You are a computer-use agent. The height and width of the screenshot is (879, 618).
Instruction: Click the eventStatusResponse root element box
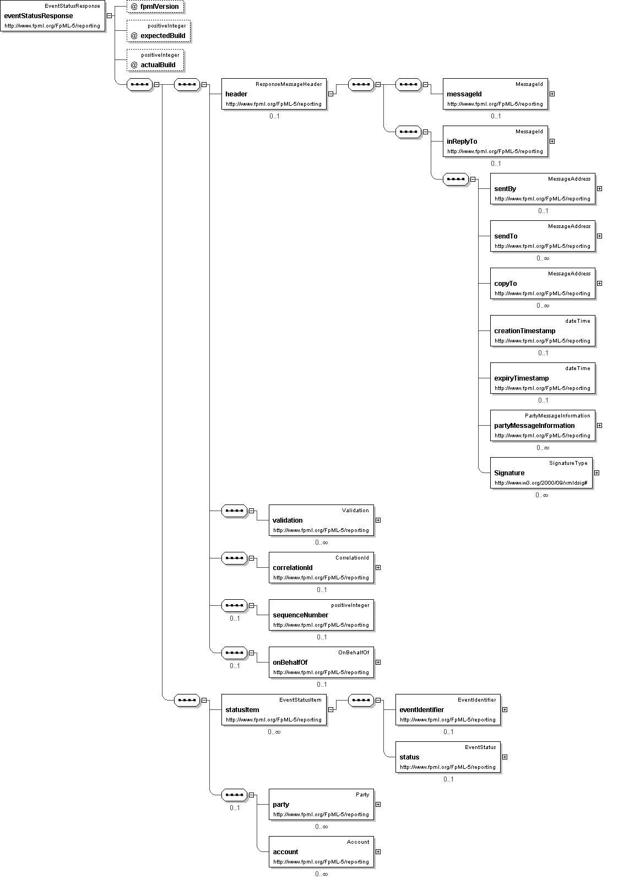(52, 15)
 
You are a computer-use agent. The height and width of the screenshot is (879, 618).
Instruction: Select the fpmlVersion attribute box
(155, 6)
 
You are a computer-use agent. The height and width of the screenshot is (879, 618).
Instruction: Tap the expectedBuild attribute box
(159, 31)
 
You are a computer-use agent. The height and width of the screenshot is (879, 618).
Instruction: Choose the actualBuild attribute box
(155, 61)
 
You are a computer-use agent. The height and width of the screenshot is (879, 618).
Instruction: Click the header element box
(274, 94)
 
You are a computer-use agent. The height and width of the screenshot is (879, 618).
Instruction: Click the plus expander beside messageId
(552, 94)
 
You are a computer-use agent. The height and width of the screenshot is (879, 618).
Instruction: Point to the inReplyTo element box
(495, 141)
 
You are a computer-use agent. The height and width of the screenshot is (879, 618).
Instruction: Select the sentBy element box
(543, 189)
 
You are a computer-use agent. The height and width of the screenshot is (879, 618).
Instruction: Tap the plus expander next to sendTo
(600, 236)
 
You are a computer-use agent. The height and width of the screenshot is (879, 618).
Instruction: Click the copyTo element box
(543, 284)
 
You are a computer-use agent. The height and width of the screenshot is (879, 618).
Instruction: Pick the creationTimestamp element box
(543, 331)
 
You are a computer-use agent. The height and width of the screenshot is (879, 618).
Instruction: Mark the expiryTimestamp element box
(543, 378)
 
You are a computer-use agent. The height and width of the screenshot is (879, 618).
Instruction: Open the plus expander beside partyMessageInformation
(600, 426)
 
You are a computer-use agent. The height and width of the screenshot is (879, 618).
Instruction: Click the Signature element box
(541, 473)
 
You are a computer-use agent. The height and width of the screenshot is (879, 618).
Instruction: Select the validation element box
(321, 520)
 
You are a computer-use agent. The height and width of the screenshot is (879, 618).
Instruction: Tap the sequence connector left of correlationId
(234, 558)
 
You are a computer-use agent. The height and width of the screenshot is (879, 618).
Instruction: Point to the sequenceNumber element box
(321, 615)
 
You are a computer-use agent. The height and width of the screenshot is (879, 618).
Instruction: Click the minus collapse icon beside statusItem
(331, 710)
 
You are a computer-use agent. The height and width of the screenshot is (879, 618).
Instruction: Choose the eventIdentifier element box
(448, 710)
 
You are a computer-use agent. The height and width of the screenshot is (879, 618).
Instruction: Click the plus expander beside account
(378, 852)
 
